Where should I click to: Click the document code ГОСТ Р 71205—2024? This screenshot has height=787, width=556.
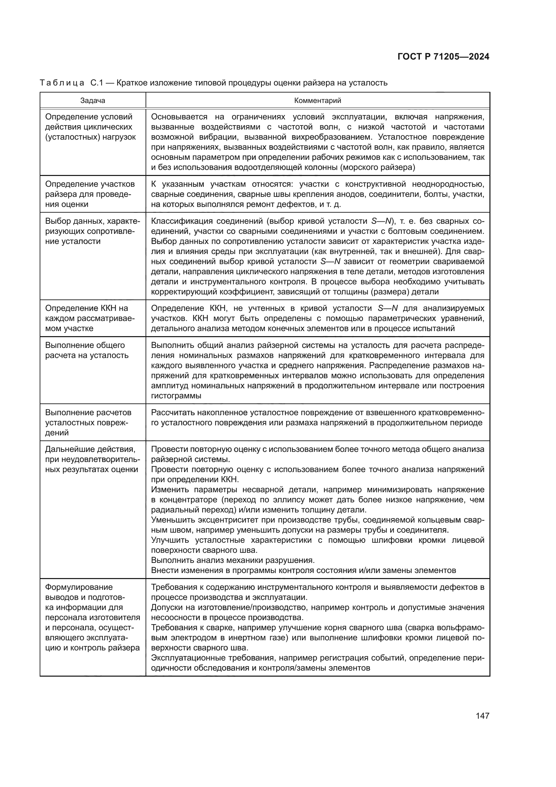[x=443, y=57]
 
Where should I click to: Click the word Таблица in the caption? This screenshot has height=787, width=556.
[x=62, y=83]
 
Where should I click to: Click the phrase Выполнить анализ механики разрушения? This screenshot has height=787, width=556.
[x=233, y=561]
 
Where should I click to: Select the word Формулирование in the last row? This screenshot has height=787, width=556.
[x=79, y=587]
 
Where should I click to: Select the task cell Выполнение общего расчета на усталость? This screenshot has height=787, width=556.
[x=87, y=350]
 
